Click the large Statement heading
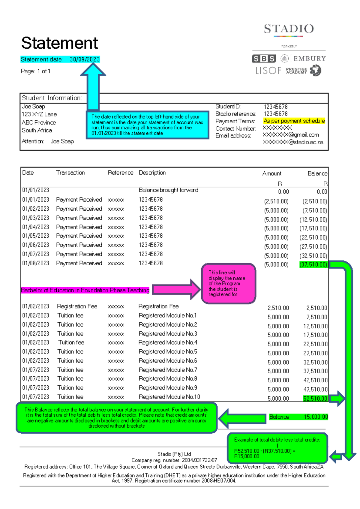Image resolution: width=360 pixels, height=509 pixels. (x=59, y=43)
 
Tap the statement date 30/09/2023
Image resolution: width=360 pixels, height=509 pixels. (x=85, y=59)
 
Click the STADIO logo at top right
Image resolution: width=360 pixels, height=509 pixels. (x=289, y=29)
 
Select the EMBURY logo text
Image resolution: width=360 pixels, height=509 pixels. (x=309, y=59)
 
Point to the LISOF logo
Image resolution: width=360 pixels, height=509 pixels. (x=268, y=71)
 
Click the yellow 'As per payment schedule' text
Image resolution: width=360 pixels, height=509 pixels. (x=294, y=121)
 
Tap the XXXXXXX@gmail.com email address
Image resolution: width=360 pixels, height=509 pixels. (x=291, y=135)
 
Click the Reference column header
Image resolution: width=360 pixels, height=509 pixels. (x=120, y=173)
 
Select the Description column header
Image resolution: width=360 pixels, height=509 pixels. (x=152, y=173)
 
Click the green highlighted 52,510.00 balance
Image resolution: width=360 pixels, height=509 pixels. (x=315, y=399)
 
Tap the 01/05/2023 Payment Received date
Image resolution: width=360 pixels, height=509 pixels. (x=35, y=236)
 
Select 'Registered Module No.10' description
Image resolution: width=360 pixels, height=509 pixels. (x=169, y=397)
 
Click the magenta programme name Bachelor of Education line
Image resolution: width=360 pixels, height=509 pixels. (x=85, y=290)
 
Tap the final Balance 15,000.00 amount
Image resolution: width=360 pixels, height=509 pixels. (x=316, y=417)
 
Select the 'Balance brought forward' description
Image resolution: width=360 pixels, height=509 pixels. (x=168, y=190)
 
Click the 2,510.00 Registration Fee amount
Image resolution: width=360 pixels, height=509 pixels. (x=278, y=308)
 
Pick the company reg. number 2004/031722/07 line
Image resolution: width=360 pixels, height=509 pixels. (x=174, y=460)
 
